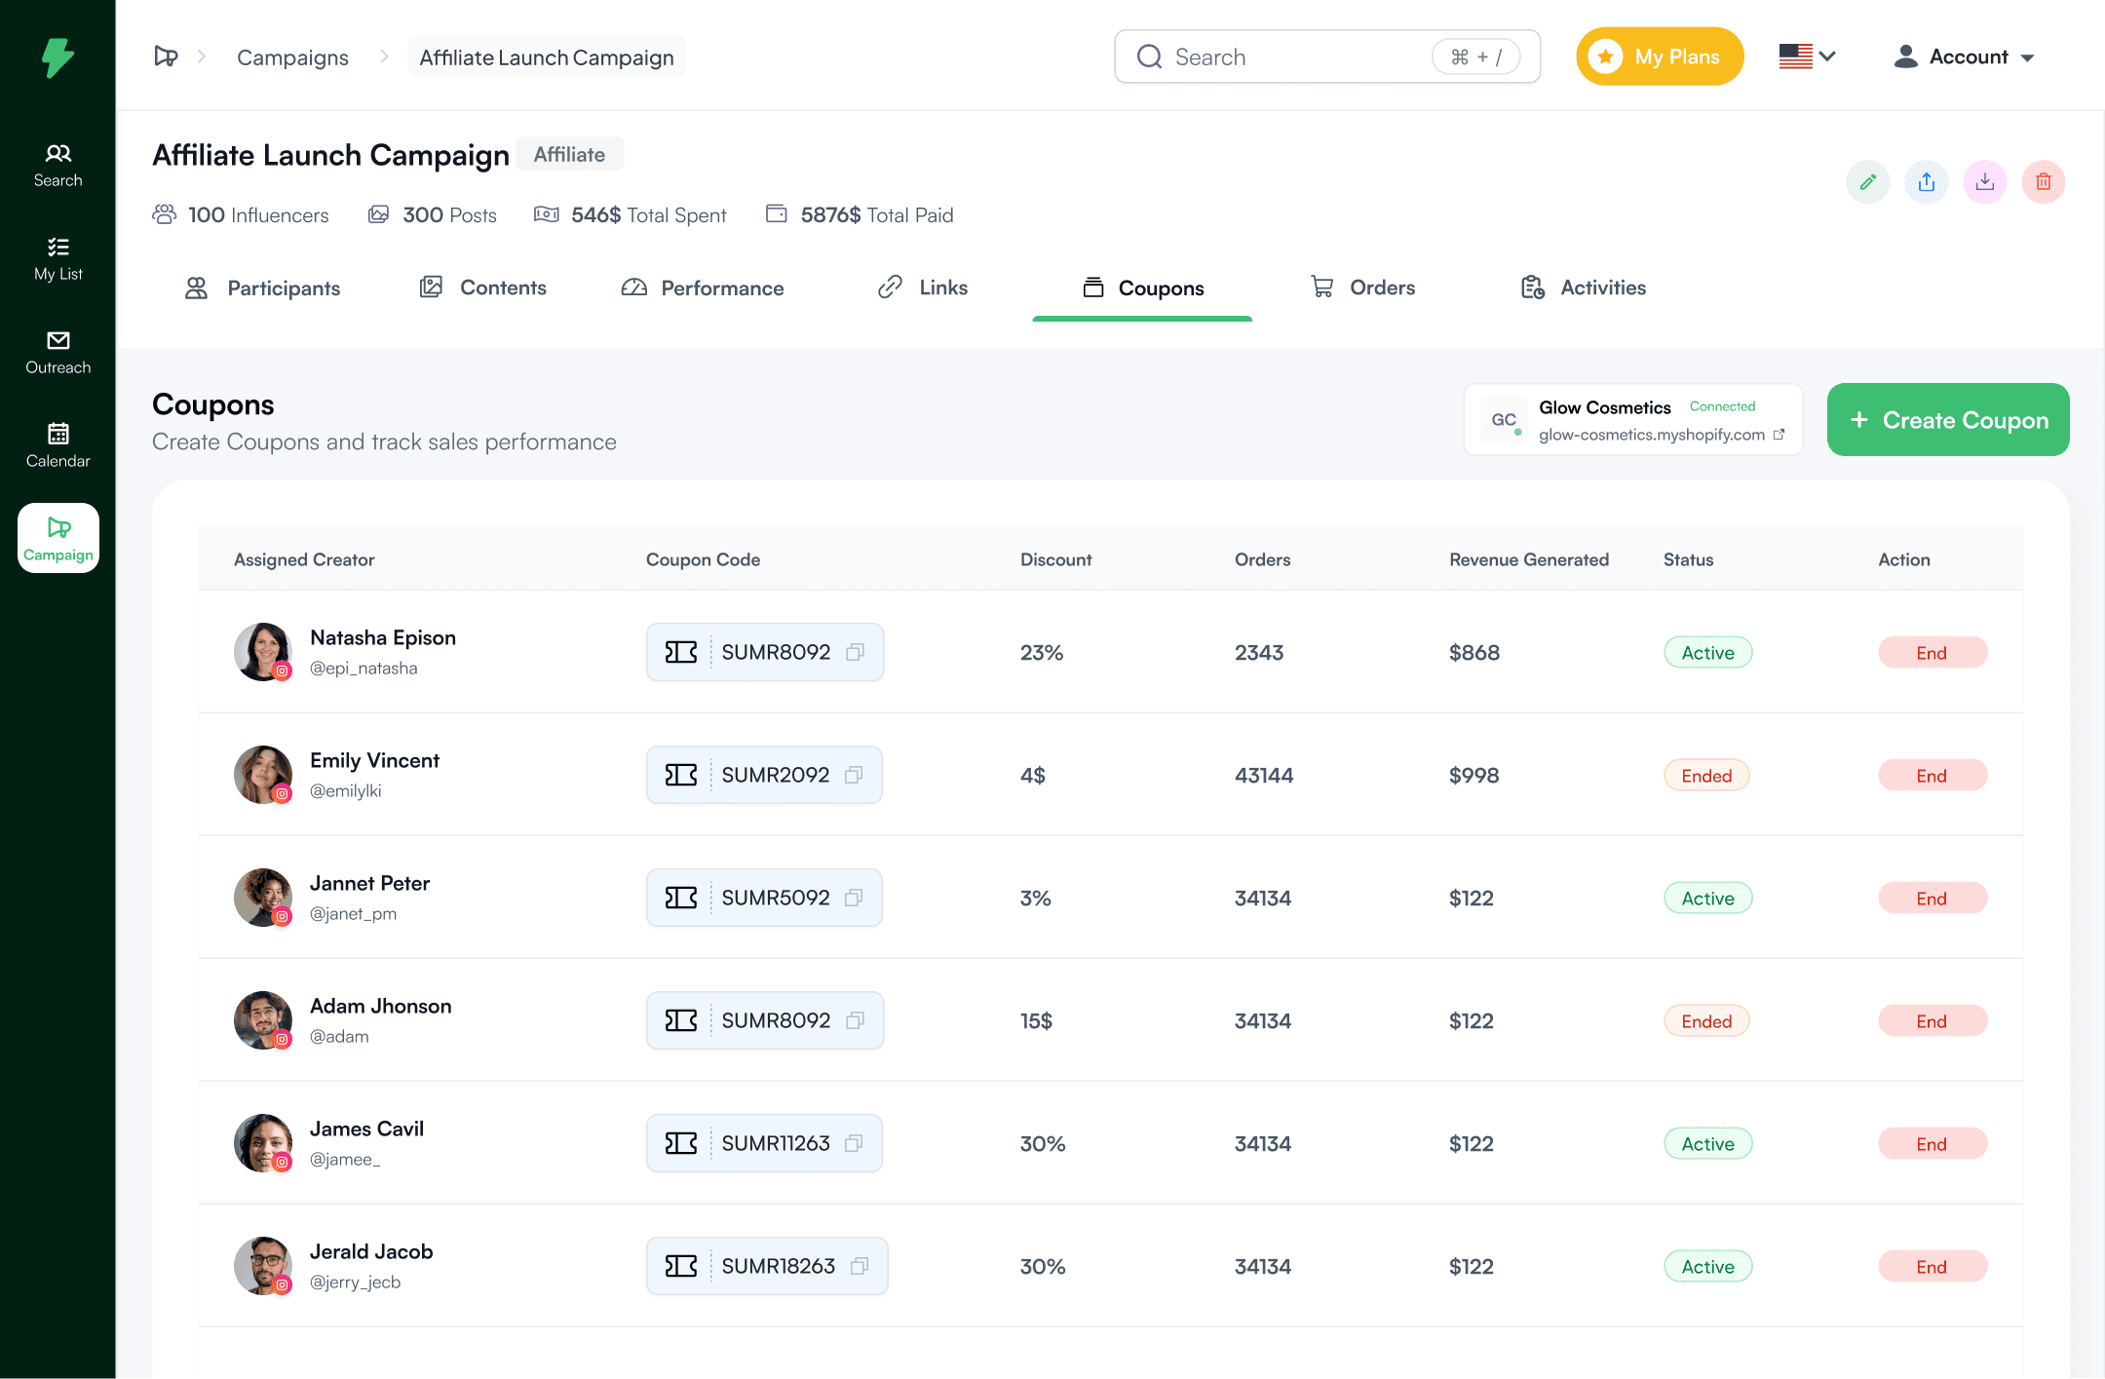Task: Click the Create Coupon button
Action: click(x=1947, y=420)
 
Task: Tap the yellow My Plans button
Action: click(x=1659, y=57)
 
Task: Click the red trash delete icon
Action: click(x=2043, y=182)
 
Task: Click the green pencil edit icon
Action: click(x=1867, y=182)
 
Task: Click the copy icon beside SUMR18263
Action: click(x=860, y=1266)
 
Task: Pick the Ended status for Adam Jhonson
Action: click(x=1705, y=1021)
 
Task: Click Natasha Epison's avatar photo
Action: click(x=262, y=651)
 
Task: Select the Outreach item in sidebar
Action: click(x=57, y=353)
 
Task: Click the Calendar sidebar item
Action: click(x=57, y=446)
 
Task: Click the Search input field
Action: click(x=1296, y=57)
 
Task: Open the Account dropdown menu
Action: click(x=1964, y=57)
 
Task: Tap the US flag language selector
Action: click(x=1806, y=57)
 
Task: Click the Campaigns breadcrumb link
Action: click(x=292, y=57)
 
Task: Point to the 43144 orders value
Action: click(x=1263, y=776)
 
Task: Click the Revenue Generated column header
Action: click(x=1528, y=559)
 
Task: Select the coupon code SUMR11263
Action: click(x=775, y=1143)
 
